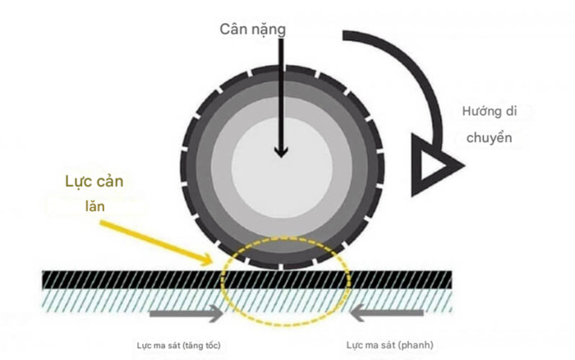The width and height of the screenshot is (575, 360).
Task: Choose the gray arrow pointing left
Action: click(x=387, y=313)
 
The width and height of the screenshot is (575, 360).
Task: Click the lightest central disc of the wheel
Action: click(x=282, y=156)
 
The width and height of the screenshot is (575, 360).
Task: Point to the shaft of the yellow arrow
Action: click(x=156, y=239)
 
